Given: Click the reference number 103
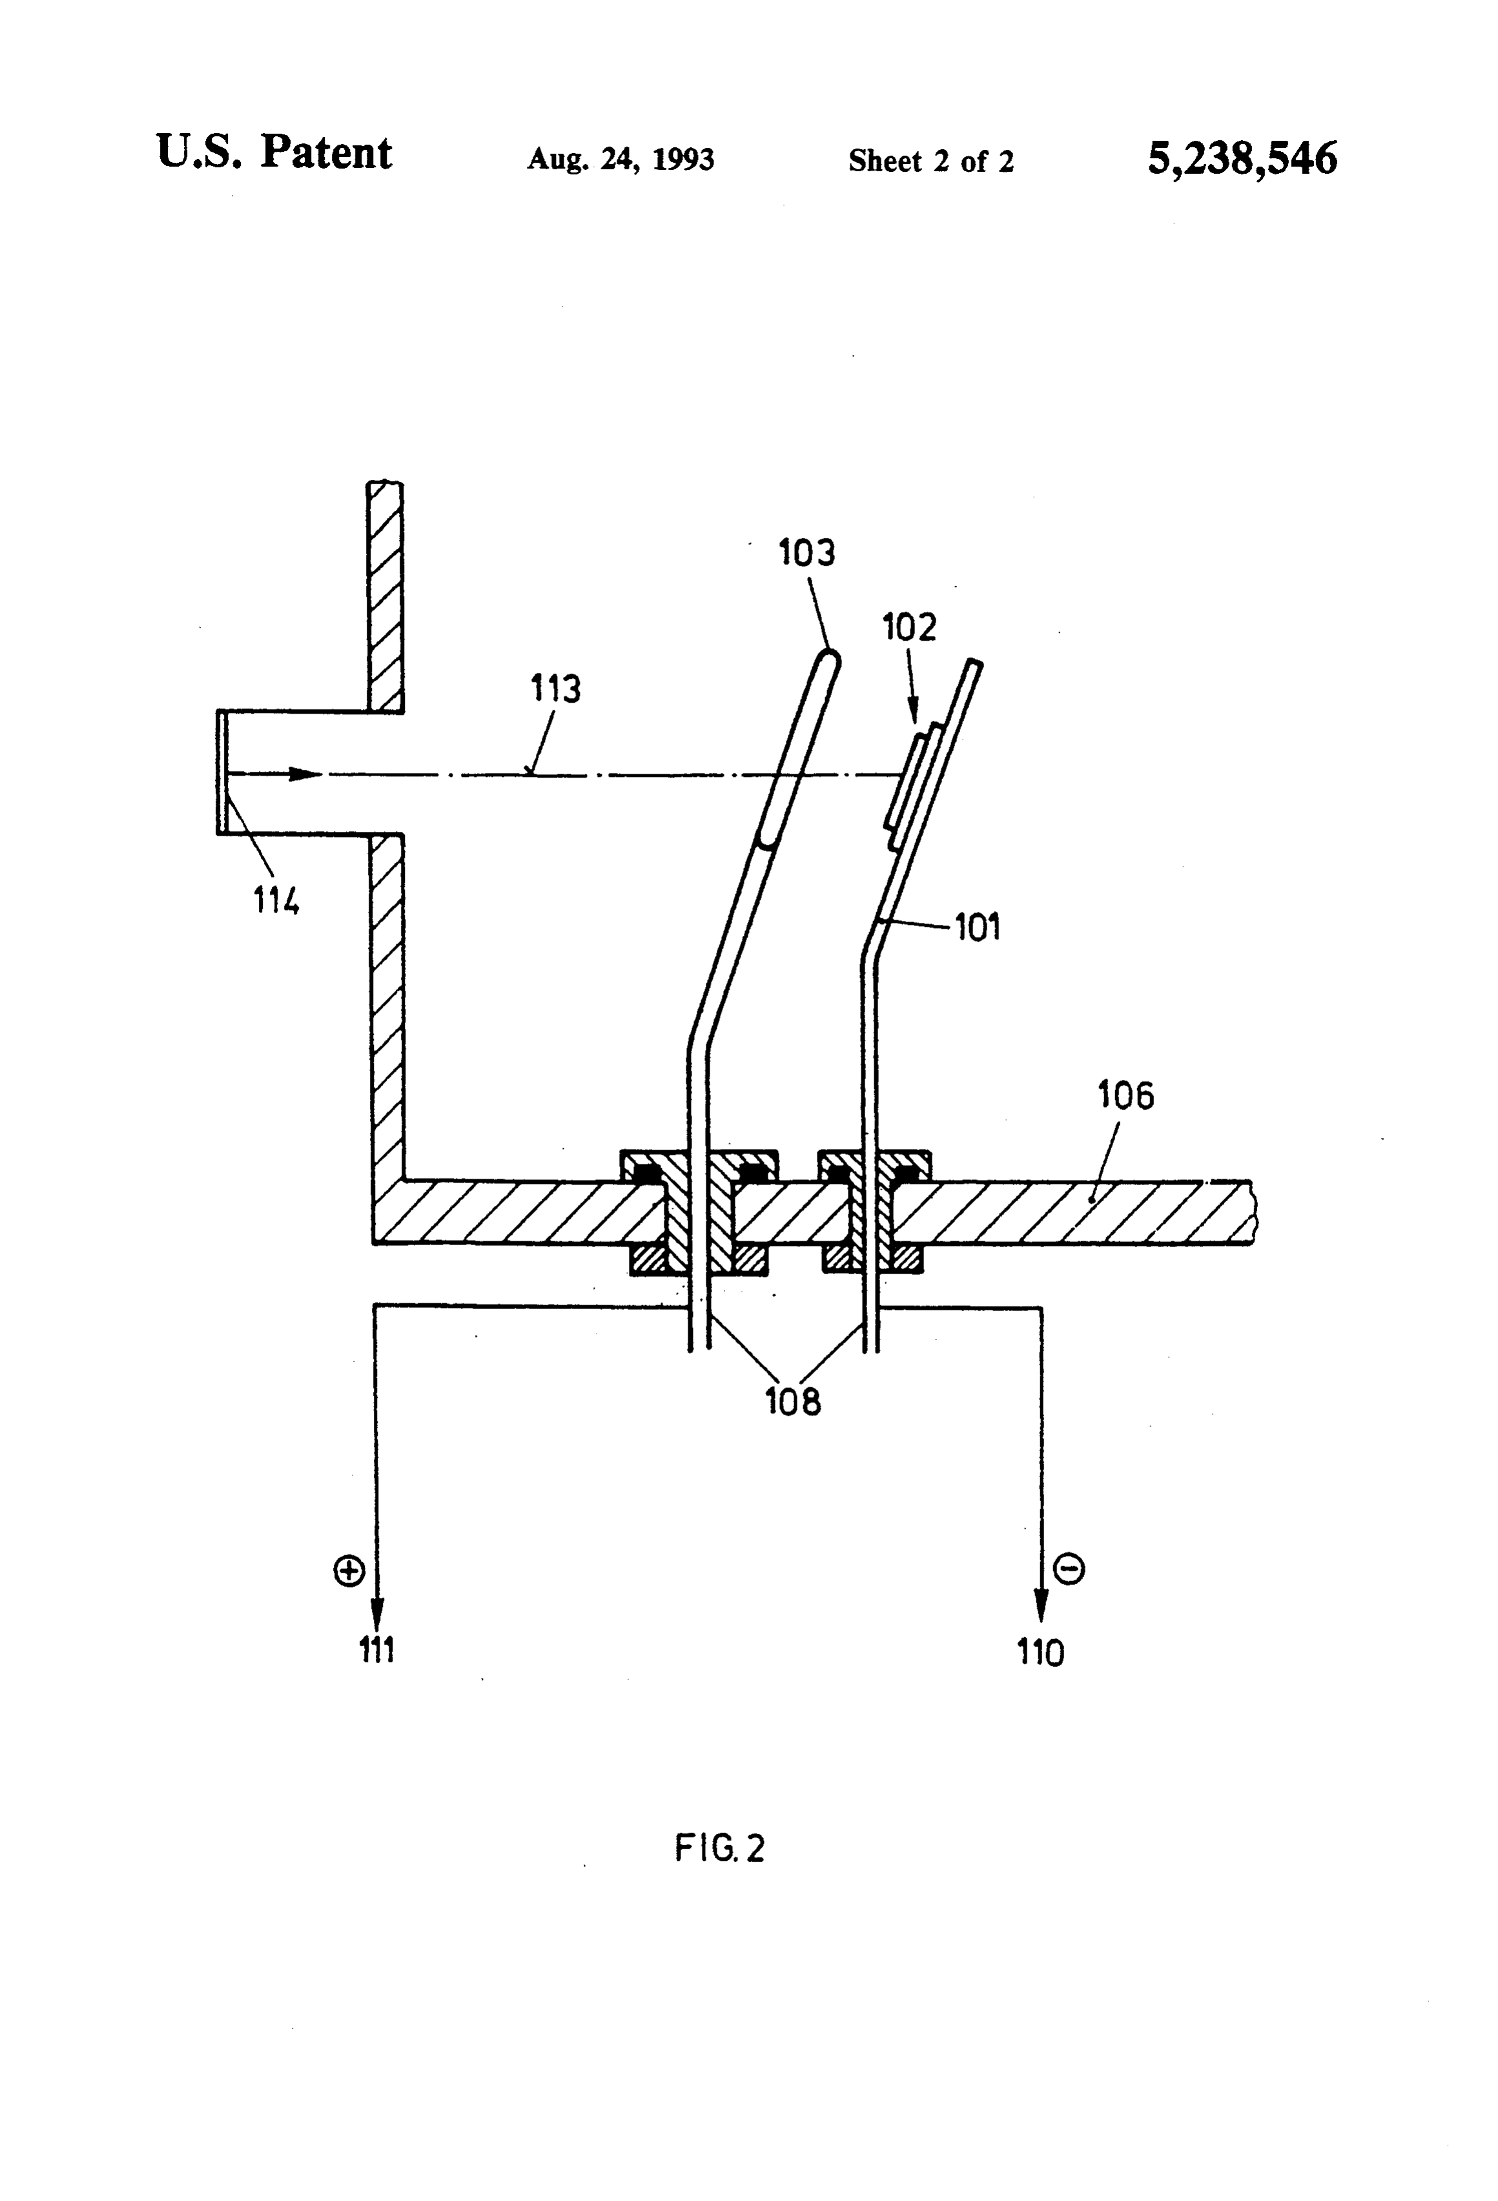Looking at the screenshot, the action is coord(806,552).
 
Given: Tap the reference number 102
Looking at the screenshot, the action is coord(909,627).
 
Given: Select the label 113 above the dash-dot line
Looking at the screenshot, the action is coord(555,688).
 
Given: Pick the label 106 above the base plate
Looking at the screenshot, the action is coord(1126,1096).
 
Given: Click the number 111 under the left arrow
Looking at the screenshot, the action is coord(376,1651).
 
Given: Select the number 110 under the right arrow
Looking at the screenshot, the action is coord(1041,1653).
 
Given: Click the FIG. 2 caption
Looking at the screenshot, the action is coord(720,1848).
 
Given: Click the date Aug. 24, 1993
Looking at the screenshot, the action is coord(621,159).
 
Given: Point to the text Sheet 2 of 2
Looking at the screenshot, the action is coord(931,161).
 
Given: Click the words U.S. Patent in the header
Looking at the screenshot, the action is coord(274,152).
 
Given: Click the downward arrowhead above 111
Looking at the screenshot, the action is coord(377,1611).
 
